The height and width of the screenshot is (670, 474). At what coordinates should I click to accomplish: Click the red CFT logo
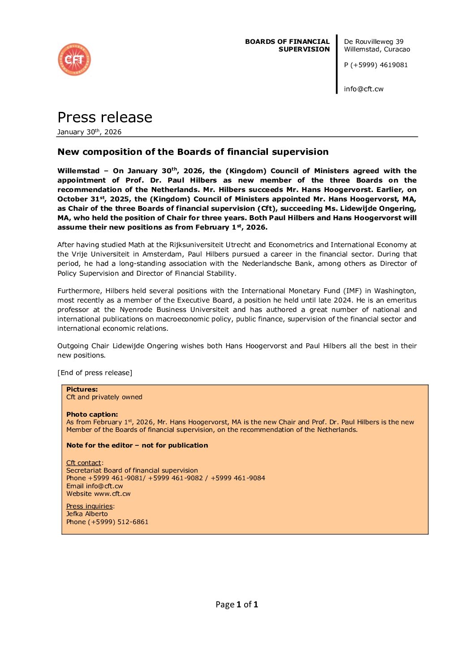74,60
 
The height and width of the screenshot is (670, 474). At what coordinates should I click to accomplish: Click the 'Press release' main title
105,117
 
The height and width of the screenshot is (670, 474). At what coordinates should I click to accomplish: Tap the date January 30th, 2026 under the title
89,132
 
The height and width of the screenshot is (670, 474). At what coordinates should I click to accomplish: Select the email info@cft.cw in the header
363,89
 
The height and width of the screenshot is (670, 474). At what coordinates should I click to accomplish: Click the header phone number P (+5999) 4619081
376,65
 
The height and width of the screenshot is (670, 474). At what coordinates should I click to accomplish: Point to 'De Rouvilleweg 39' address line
374,42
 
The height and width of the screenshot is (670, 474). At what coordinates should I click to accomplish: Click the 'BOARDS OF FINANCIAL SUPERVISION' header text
287,45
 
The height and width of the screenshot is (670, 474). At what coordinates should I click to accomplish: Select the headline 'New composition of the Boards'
193,152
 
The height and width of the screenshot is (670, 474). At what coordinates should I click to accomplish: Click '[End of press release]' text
95,373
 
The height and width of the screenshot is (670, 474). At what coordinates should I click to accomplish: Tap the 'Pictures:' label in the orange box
82,389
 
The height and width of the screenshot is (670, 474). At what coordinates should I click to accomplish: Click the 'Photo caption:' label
92,414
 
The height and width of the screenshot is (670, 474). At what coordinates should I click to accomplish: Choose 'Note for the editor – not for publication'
137,445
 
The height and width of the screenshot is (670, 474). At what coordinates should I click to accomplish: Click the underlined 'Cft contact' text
84,463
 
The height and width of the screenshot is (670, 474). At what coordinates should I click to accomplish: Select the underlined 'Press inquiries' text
89,506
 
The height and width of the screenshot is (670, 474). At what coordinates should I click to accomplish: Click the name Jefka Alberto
87,514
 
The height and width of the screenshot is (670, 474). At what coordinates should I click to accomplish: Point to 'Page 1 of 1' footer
237,605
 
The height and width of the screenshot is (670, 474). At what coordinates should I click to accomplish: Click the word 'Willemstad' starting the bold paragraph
78,171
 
